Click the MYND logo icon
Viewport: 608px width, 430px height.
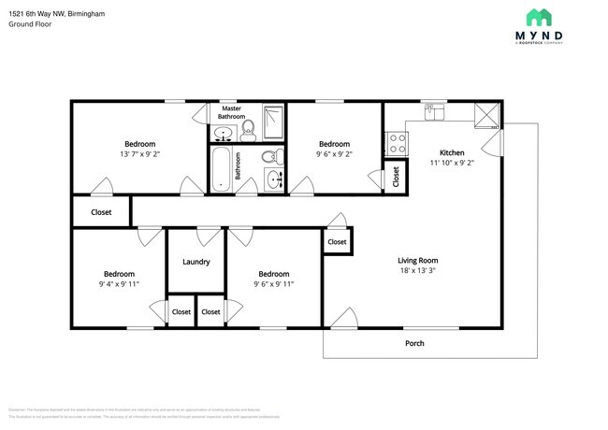click(539, 16)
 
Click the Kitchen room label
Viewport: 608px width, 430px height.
click(453, 151)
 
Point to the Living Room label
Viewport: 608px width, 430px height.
click(418, 261)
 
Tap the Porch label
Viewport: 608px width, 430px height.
click(414, 343)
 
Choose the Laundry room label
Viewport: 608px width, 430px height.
click(195, 262)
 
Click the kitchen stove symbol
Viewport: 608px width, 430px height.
click(396, 143)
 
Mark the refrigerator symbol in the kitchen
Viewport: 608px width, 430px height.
click(485, 115)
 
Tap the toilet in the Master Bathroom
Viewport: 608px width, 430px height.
click(248, 128)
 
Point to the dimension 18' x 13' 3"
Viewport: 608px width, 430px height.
click(418, 272)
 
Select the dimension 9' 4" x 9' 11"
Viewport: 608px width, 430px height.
click(119, 284)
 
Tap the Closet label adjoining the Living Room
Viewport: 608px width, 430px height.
click(337, 242)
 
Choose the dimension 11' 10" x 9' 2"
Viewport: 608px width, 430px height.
click(453, 163)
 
